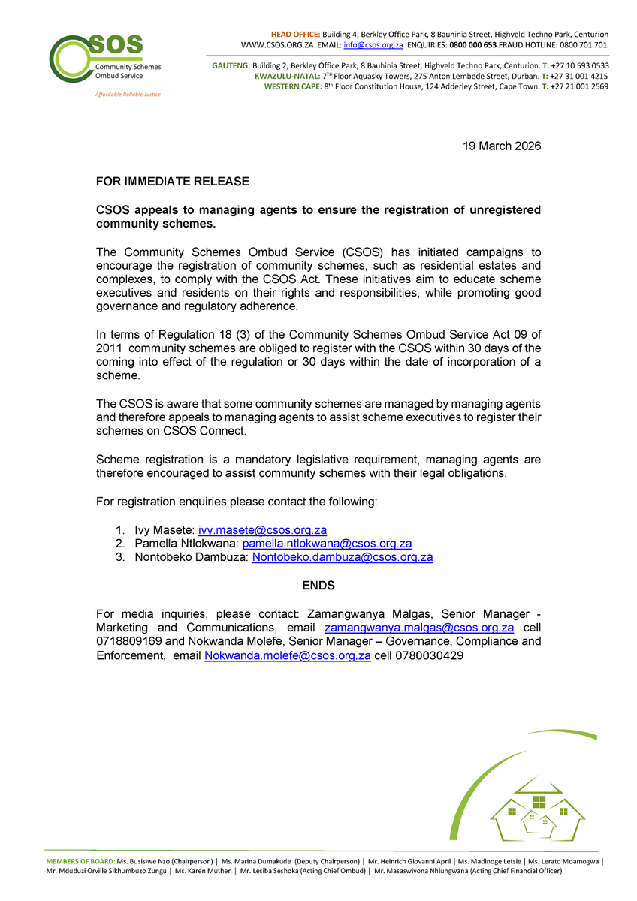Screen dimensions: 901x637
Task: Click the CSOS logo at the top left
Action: (104, 60)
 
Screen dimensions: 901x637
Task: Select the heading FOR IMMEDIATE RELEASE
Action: (172, 182)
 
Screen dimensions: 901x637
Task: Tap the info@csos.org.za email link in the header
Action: (373, 45)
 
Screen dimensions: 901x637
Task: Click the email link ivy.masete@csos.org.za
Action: (267, 529)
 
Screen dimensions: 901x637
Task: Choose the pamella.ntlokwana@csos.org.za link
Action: (327, 543)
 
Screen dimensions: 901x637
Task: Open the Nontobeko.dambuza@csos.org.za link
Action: (343, 557)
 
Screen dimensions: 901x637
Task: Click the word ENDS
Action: (318, 585)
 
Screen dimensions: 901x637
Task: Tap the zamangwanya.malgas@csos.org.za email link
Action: (418, 628)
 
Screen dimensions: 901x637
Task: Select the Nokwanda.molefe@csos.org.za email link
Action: (288, 655)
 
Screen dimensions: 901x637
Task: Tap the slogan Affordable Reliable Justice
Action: (127, 95)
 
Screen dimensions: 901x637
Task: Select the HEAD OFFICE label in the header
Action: (295, 35)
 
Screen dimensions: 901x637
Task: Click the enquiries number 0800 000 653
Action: (474, 45)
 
